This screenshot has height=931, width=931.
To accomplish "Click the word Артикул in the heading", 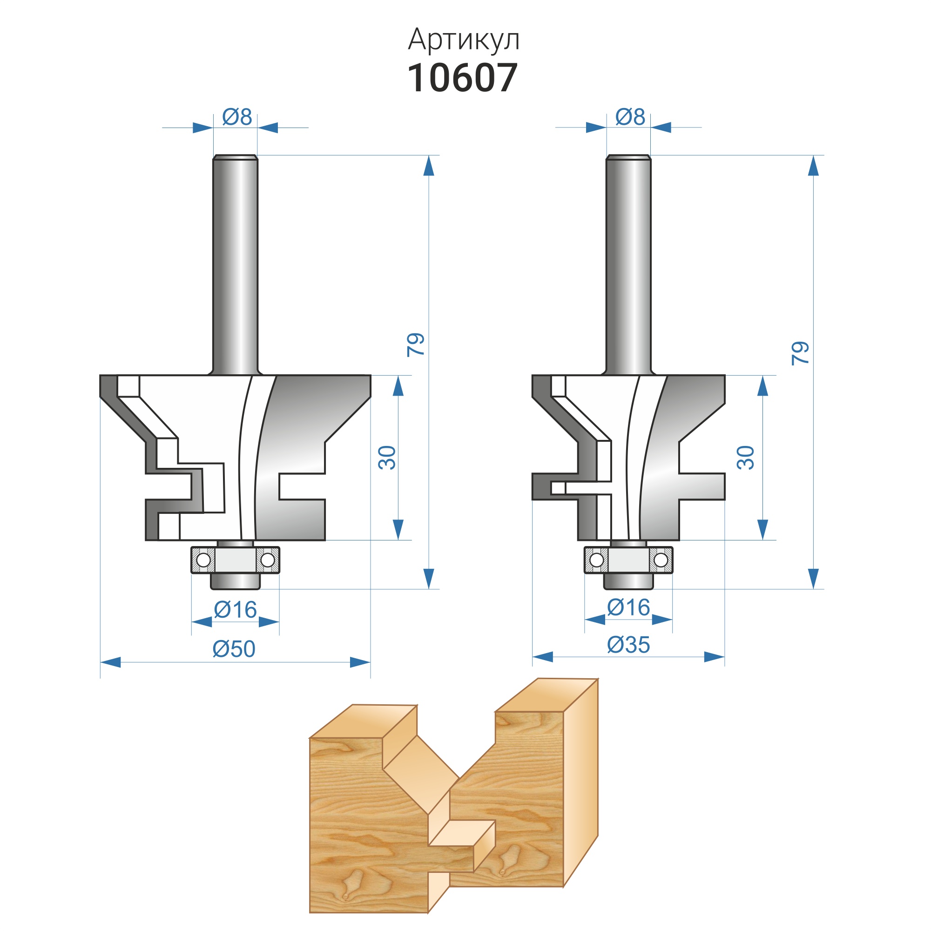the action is click(464, 40).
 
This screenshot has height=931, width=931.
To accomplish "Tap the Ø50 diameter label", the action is click(234, 649).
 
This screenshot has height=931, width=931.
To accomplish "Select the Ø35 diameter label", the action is click(628, 645).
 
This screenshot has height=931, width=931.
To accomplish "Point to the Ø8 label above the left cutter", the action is click(237, 117).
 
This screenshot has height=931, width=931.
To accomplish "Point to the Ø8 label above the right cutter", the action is click(630, 117).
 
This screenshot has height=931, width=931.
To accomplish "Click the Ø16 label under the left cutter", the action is click(235, 610).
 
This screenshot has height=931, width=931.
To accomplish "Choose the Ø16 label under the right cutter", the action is click(628, 607).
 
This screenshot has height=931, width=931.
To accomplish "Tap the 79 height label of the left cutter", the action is click(416, 344).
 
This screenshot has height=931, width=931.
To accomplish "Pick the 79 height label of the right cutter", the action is click(800, 353).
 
